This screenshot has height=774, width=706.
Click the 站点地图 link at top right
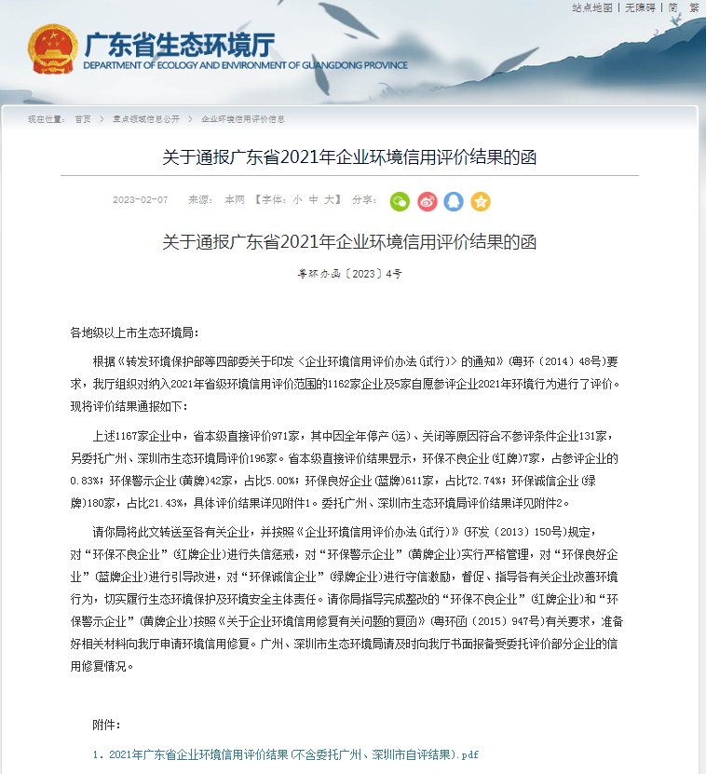(x=592, y=7)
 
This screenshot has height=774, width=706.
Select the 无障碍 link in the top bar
(x=641, y=7)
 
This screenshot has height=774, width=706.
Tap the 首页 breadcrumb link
(x=83, y=119)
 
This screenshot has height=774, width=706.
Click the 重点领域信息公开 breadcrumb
(x=146, y=119)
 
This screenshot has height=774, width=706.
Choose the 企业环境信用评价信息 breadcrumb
(x=243, y=119)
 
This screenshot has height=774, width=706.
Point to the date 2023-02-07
(x=141, y=200)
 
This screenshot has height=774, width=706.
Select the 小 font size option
(x=297, y=200)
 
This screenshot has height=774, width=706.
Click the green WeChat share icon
(x=400, y=201)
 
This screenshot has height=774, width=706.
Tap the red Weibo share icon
(x=427, y=201)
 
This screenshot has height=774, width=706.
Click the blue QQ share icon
(x=454, y=201)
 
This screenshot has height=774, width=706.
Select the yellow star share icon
(x=481, y=201)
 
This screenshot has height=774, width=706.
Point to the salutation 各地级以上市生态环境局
(x=134, y=333)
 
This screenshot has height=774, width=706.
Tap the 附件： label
(x=106, y=725)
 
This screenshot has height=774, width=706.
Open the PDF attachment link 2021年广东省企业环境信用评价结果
(x=290, y=754)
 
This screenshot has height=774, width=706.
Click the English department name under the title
(x=245, y=65)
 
